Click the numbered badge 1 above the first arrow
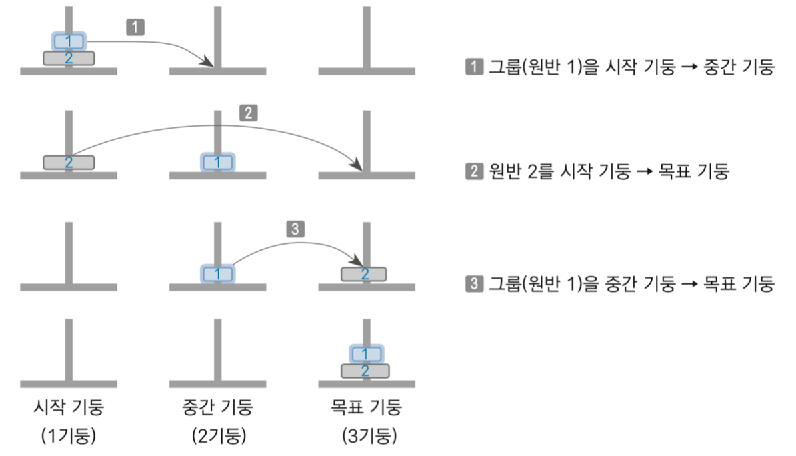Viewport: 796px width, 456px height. [135, 27]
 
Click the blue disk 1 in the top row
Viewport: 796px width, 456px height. [68, 41]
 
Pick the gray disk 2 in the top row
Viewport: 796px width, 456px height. [69, 58]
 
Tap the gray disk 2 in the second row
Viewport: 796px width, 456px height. [69, 162]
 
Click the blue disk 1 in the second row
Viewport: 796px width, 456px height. [217, 162]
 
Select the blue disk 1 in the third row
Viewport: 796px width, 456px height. [217, 273]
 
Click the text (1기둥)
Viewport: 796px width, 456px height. [69, 437]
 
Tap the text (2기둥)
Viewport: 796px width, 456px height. [217, 437]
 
